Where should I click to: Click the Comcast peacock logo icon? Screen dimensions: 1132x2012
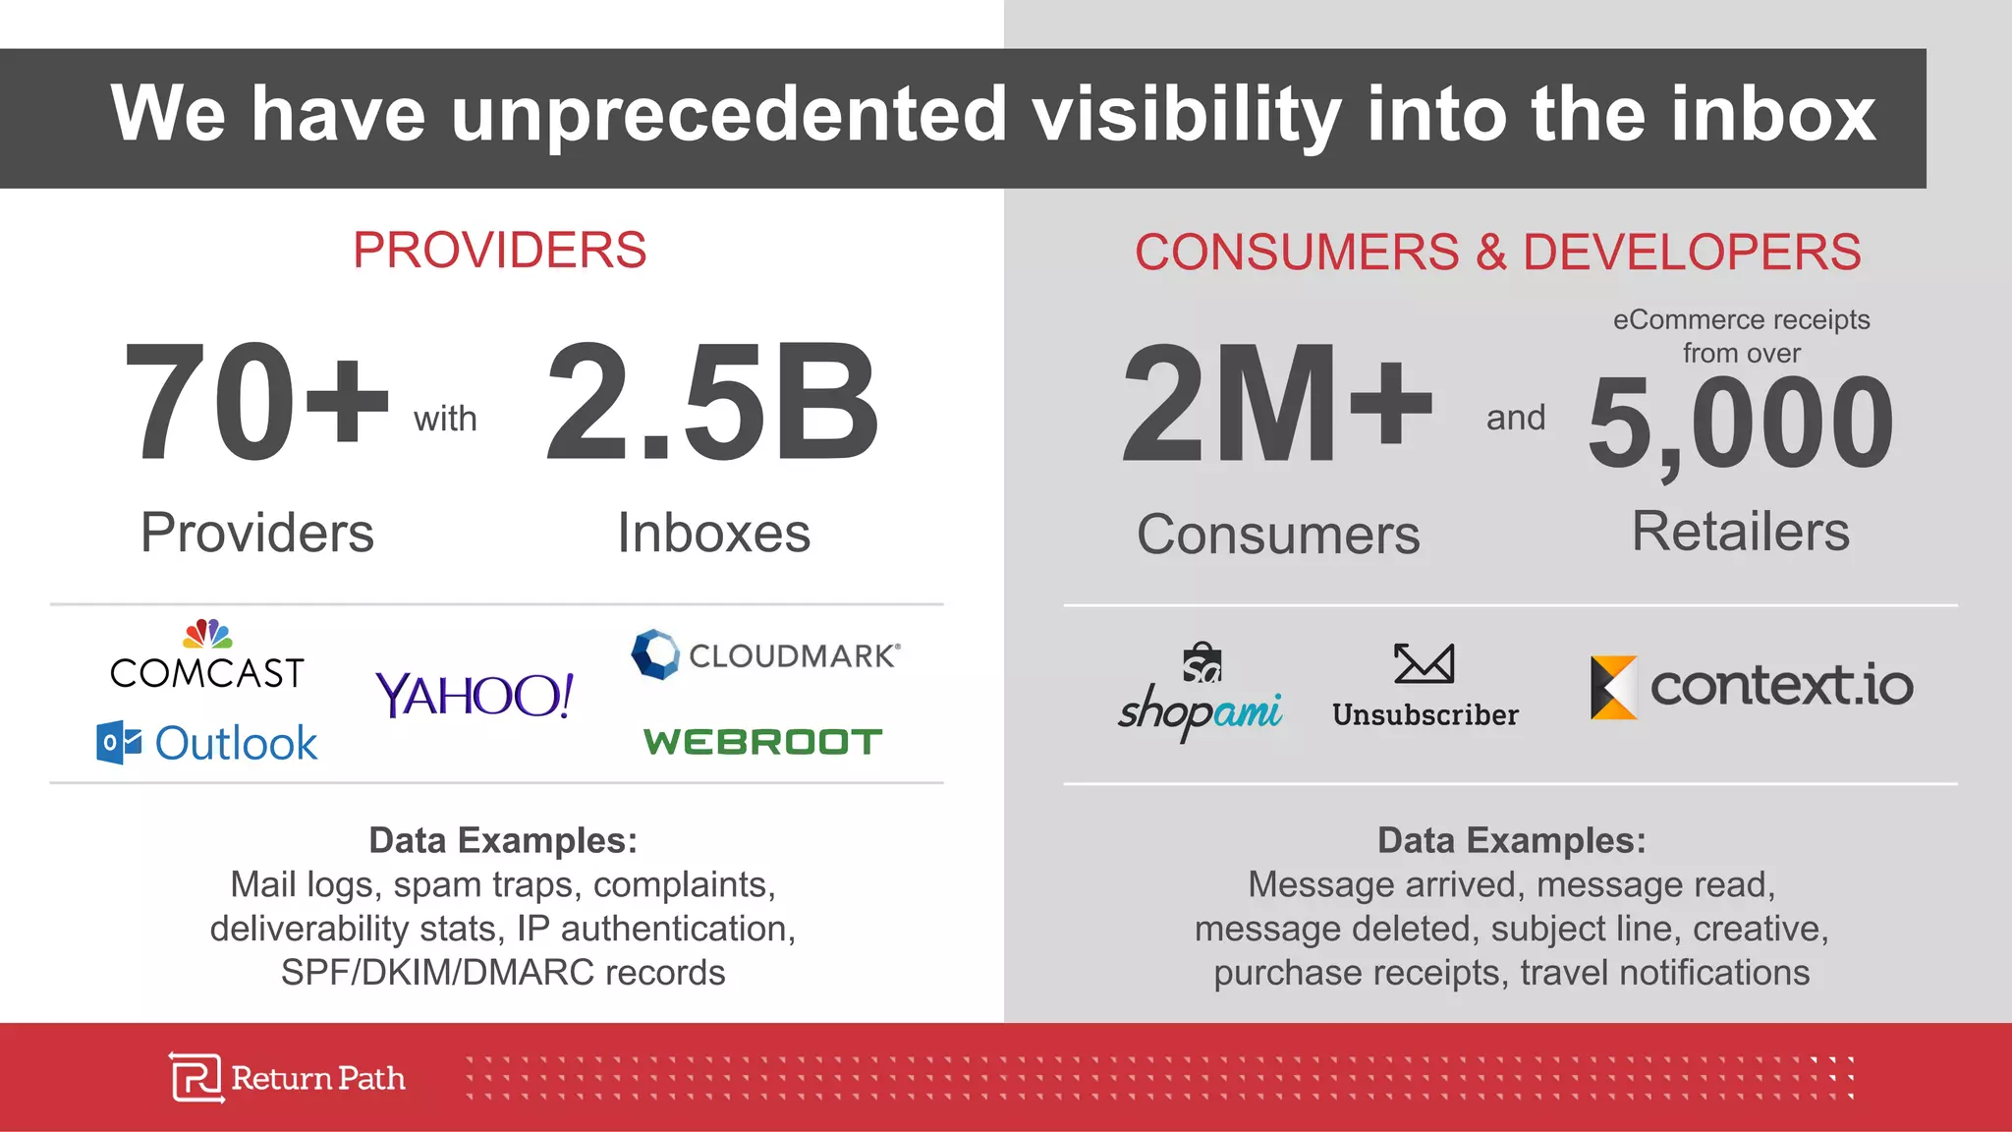coord(208,634)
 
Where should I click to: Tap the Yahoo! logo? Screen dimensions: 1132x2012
coord(475,695)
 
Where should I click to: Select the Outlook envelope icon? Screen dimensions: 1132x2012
coord(119,742)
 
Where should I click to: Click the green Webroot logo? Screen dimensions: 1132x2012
coord(762,742)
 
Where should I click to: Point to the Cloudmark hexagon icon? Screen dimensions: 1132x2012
coord(655,654)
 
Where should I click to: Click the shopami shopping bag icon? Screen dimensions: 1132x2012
coord(1202,663)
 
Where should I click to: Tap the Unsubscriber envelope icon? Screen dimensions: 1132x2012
coord(1424,664)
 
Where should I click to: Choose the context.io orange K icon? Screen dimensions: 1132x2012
coord(1613,687)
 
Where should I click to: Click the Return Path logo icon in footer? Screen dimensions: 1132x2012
coord(196,1078)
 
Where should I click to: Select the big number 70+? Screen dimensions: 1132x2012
coord(256,402)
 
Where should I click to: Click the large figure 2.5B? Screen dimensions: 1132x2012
coord(712,402)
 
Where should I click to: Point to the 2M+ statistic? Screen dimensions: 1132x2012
coord(1277,404)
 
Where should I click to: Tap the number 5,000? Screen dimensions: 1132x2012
coord(1740,424)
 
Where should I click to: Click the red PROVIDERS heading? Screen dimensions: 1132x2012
coord(499,251)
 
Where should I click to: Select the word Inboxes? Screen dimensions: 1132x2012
coord(713,534)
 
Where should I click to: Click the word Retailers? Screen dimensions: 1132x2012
coord(1740,532)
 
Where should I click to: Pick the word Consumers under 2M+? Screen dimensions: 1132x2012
coord(1278,535)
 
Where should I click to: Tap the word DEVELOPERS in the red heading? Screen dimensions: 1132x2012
coord(1692,253)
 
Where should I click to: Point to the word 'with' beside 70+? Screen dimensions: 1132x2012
coord(445,419)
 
